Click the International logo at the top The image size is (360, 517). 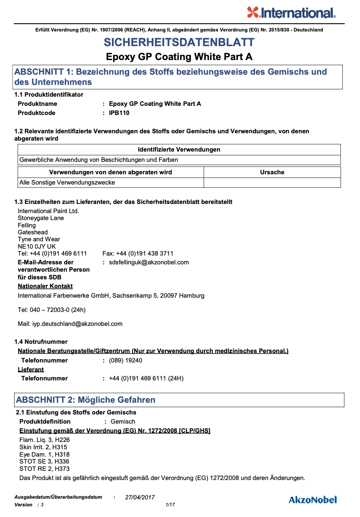point(291,13)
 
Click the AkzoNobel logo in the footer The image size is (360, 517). point(312,500)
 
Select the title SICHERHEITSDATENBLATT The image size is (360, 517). point(179,42)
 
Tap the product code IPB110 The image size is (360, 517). point(119,113)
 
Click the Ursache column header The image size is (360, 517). point(272,172)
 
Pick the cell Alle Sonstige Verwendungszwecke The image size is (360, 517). point(67,182)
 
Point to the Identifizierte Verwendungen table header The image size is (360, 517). point(179,149)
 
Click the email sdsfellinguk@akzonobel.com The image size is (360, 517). point(149,262)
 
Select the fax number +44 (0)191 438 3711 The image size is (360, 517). point(145,253)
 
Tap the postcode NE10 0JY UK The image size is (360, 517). point(37,246)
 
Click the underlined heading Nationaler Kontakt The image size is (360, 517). point(45,286)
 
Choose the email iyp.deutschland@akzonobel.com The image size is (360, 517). point(77,324)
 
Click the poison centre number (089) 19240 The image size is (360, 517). point(125,360)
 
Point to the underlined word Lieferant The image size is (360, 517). point(31,369)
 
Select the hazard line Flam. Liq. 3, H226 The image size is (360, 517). point(44,440)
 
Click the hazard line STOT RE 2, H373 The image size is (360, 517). point(44,469)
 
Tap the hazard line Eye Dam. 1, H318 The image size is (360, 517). point(44,454)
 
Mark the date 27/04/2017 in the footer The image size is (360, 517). point(140,497)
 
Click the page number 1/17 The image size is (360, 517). point(170,505)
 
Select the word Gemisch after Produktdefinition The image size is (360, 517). point(123,421)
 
